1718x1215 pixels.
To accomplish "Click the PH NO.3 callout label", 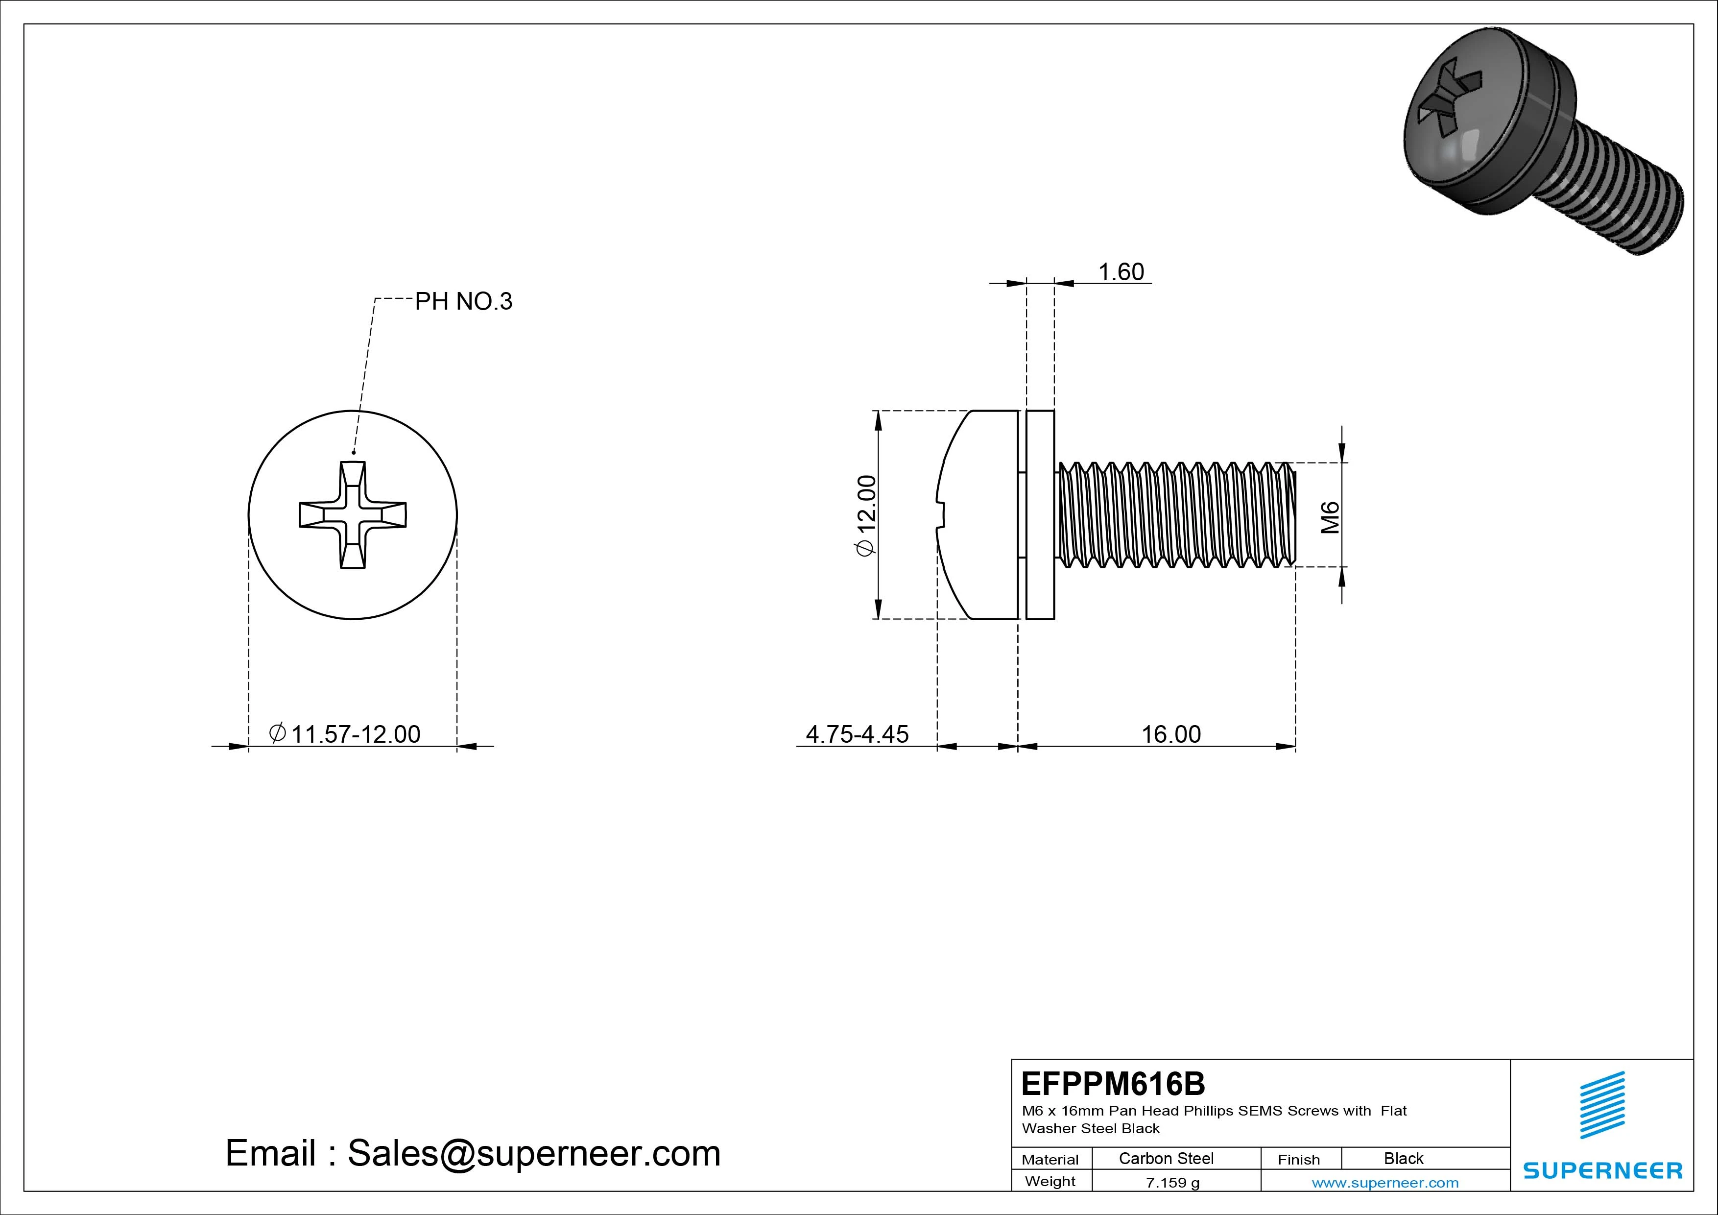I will tap(463, 302).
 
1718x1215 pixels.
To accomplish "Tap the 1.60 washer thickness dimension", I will tap(1120, 272).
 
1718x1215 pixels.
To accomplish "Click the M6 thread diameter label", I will tap(1330, 517).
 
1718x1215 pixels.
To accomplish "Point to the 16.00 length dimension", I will tap(1170, 734).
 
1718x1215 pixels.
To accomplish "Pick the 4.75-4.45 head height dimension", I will tap(857, 734).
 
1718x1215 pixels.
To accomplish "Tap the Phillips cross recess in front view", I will tap(353, 515).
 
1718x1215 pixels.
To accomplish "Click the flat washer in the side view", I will tap(1040, 515).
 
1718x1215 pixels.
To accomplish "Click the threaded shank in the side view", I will tap(1175, 515).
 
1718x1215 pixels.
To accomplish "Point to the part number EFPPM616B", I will tap(1113, 1084).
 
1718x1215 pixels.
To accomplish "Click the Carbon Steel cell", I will tap(1166, 1159).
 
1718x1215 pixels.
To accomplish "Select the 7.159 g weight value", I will tap(1172, 1183).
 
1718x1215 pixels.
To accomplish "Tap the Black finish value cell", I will tap(1403, 1159).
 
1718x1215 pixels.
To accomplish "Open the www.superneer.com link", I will tap(1385, 1183).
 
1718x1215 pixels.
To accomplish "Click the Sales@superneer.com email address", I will tap(533, 1154).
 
